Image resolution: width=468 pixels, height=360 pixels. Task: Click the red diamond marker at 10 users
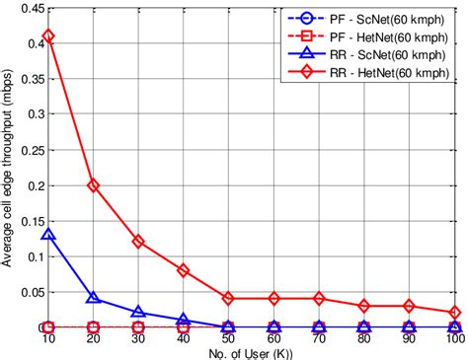tap(48, 36)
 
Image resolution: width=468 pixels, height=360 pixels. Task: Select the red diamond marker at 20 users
tap(92, 184)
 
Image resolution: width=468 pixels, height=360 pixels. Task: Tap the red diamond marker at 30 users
tap(137, 242)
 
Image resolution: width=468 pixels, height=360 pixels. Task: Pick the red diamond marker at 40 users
tap(183, 269)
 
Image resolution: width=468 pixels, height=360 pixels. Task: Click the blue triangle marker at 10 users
tap(48, 235)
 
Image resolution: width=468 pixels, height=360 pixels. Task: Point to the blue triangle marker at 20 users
tap(92, 297)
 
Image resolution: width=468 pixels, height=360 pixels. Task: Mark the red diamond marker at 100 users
tap(455, 312)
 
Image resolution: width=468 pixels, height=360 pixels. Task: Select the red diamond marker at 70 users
tap(319, 298)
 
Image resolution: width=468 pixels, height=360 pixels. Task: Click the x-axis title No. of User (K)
tap(252, 352)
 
